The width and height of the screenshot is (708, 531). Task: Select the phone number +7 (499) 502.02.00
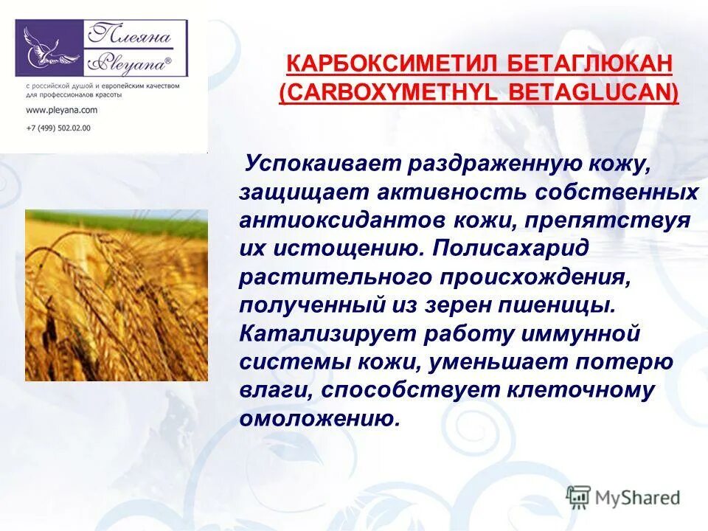(x=58, y=128)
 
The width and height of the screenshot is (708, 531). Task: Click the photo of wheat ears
(x=116, y=295)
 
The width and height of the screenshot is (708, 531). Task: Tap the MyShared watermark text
(x=638, y=498)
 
